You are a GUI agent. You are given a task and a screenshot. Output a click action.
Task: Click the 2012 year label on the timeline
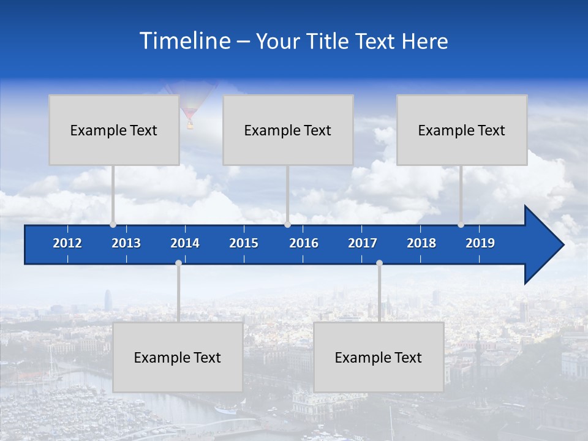67,243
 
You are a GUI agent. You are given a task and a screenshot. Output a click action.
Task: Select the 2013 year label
126,243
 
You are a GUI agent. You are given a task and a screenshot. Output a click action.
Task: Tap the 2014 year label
185,243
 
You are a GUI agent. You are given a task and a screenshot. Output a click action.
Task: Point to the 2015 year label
244,243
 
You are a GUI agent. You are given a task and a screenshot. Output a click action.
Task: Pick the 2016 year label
304,243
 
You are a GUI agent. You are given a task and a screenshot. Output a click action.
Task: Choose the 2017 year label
363,243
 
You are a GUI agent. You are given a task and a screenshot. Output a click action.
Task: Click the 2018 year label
421,243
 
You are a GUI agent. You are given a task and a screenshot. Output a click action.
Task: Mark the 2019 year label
480,243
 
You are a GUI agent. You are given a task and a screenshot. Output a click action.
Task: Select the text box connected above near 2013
114,130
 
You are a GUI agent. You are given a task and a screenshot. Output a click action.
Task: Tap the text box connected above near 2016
288,130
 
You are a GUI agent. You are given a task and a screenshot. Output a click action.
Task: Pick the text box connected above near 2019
462,130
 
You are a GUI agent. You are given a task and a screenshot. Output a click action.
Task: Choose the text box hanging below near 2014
178,357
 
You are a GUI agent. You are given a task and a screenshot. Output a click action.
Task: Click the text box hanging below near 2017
379,357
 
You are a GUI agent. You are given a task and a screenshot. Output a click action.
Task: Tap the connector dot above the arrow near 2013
113,225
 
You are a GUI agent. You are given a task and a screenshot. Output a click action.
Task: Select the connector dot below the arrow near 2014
178,263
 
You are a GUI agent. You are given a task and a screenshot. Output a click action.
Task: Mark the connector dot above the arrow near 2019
461,225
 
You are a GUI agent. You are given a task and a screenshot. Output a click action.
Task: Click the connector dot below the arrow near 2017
379,263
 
